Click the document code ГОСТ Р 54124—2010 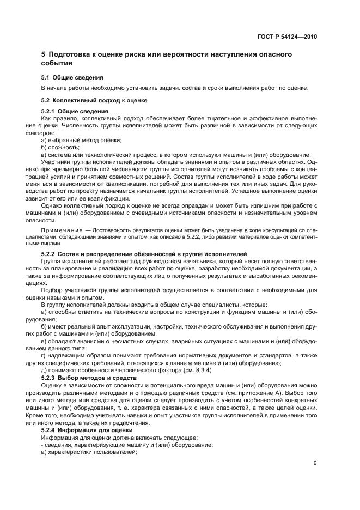(287, 37)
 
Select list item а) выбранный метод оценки (81, 140)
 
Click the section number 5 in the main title (44, 54)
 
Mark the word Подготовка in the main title (72, 54)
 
